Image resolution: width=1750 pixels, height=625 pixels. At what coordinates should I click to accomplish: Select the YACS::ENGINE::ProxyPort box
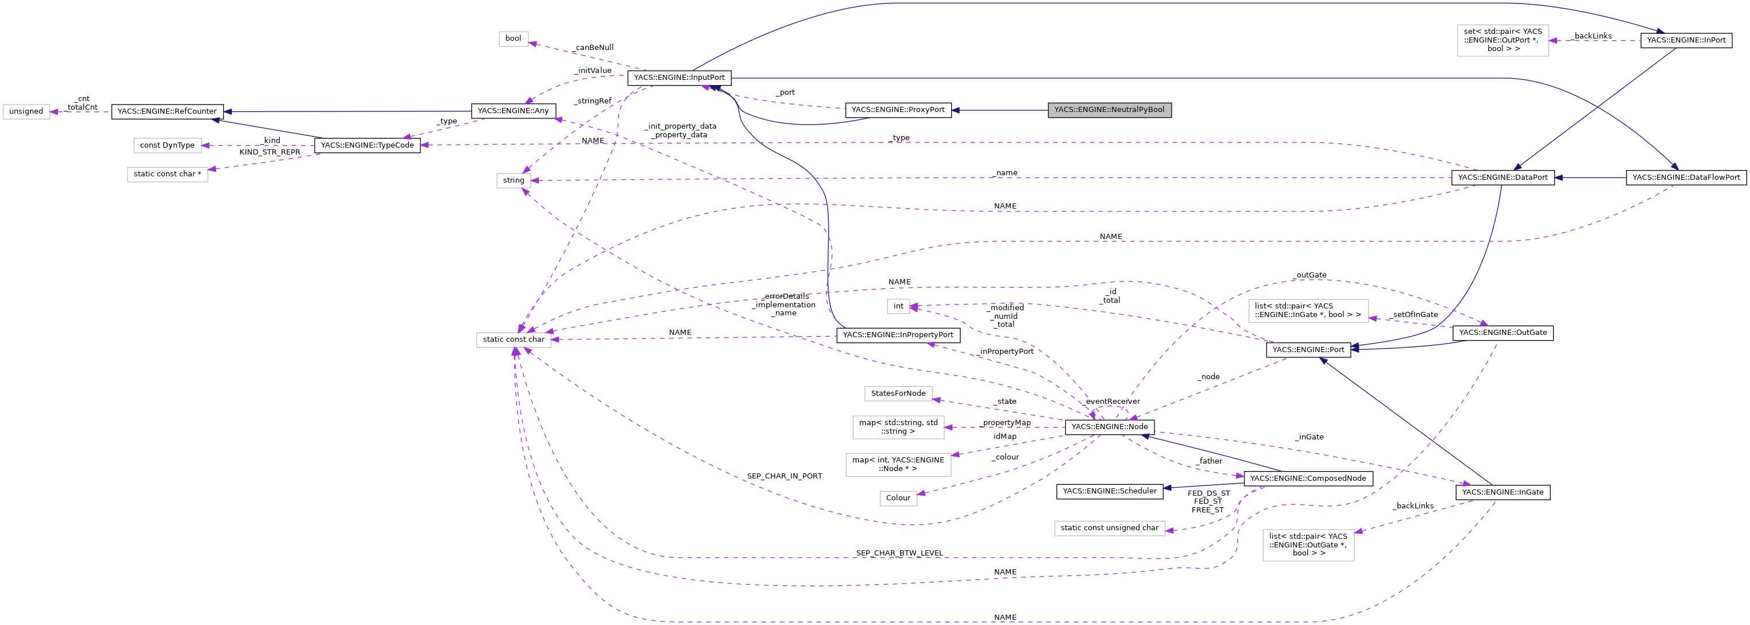coord(898,109)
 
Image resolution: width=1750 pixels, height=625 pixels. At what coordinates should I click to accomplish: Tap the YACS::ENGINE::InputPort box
coord(679,78)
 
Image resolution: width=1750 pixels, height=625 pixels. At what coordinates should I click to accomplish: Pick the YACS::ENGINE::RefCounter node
coord(167,111)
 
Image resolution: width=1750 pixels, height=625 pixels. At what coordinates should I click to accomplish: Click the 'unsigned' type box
coord(26,111)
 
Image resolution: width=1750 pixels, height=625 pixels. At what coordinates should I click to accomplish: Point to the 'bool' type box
coord(513,38)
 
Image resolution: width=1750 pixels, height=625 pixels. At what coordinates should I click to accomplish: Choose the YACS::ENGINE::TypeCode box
coord(367,145)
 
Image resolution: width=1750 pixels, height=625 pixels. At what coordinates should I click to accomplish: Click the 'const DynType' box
coord(167,145)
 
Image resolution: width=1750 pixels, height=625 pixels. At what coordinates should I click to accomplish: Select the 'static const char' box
coord(513,339)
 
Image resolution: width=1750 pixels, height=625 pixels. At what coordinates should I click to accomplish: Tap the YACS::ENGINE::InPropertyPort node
coord(898,335)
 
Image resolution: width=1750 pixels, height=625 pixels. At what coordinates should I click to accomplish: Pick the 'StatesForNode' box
coord(898,393)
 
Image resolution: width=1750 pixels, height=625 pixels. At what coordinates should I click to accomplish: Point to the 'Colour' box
coord(898,498)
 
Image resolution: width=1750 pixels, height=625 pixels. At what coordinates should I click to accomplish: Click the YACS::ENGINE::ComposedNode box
coord(1307,479)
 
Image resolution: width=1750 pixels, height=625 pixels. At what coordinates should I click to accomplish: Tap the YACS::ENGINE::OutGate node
coord(1502,333)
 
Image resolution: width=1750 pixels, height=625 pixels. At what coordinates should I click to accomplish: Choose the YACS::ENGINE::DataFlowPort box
coord(1686,178)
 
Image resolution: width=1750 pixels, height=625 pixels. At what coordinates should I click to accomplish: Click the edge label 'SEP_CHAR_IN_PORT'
coord(784,476)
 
